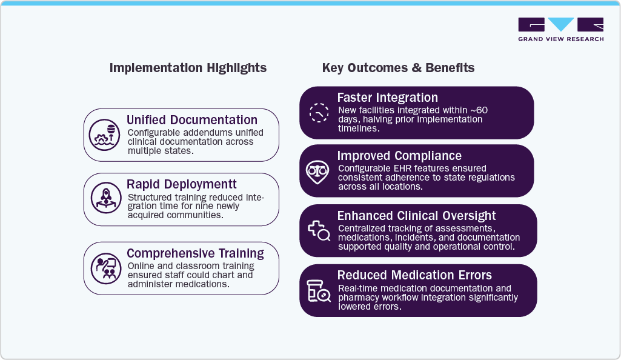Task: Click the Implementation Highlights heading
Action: [x=188, y=68]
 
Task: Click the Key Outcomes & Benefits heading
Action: [x=398, y=68]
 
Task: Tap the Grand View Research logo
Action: [x=560, y=30]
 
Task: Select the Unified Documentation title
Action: [x=192, y=120]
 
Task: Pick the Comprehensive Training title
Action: [x=195, y=253]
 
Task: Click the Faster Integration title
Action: [x=387, y=98]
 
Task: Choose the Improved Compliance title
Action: [x=399, y=156]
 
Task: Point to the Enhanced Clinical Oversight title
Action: [x=416, y=216]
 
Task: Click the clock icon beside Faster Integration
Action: [x=319, y=113]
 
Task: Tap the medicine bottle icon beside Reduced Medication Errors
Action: [x=319, y=291]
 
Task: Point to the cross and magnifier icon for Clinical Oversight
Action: [x=319, y=230]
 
